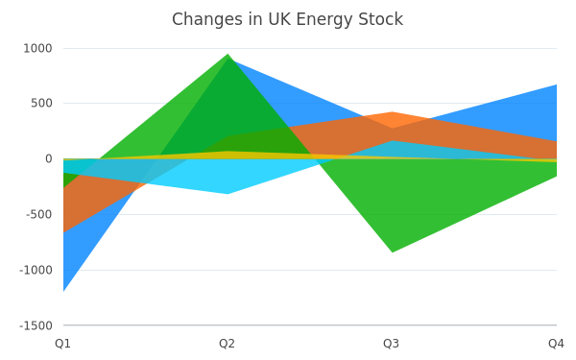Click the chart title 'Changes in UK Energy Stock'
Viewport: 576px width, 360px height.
(x=287, y=19)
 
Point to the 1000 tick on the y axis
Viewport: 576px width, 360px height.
(x=37, y=48)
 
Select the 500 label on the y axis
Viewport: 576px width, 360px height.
(x=41, y=103)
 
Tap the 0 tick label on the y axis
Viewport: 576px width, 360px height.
(x=49, y=158)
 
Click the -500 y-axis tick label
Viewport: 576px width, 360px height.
(x=39, y=214)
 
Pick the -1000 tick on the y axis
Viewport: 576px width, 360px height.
(x=36, y=270)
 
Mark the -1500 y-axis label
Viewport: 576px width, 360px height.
(x=36, y=325)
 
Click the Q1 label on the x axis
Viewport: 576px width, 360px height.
(x=62, y=344)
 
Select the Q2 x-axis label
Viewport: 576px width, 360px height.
(x=227, y=344)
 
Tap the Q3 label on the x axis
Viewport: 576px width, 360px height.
(x=392, y=344)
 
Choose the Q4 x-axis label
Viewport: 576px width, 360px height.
(x=556, y=344)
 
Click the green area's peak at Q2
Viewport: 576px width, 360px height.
(x=228, y=54)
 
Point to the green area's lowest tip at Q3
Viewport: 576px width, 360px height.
(x=393, y=252)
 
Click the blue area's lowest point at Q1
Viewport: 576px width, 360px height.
(x=63, y=291)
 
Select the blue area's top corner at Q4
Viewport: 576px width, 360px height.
(x=557, y=84)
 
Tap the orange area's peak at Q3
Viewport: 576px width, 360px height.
(x=393, y=111)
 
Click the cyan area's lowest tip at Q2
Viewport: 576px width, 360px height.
(x=228, y=194)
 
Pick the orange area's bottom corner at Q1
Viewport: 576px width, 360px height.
(x=63, y=232)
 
